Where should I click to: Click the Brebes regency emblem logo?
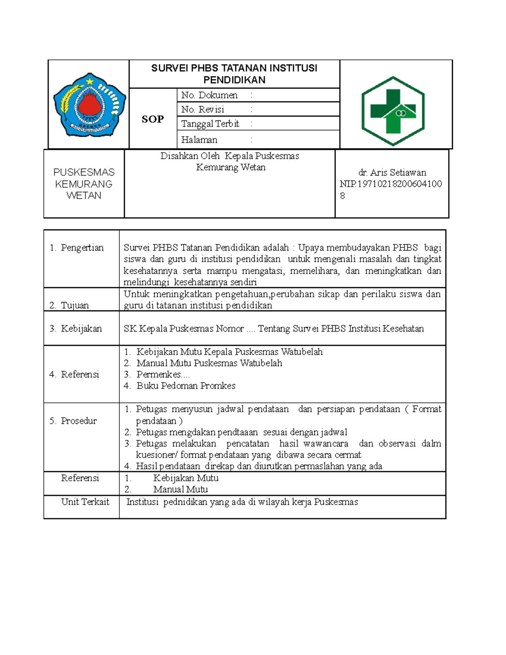point(89,105)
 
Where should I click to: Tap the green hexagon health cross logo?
point(393,111)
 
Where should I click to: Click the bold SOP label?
point(153,119)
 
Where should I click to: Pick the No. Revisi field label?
point(202,110)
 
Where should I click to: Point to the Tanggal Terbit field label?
point(210,124)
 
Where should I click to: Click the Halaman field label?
point(199,140)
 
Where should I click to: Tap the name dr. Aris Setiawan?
point(392,173)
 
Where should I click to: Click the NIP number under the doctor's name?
point(390,184)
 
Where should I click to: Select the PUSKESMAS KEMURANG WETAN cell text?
point(84,184)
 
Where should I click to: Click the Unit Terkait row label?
point(85,501)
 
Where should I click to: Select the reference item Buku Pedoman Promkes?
point(186,385)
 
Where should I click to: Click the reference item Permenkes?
point(163,374)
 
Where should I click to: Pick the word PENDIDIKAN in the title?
point(234,80)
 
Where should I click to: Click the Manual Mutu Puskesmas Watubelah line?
point(209,363)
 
